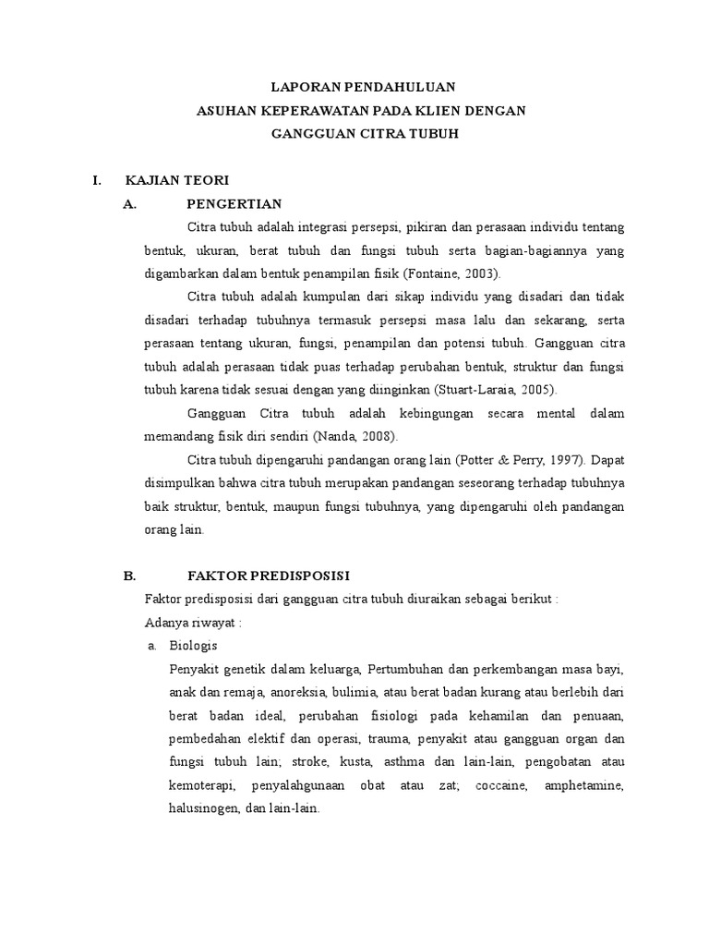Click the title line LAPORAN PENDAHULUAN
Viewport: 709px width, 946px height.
tap(363, 88)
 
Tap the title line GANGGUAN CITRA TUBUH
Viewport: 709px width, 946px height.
tap(363, 134)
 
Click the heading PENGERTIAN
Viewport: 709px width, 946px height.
tap(234, 203)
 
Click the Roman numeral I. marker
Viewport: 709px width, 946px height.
tap(97, 179)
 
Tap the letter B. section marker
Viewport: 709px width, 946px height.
tap(129, 575)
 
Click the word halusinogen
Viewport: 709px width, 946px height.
tap(205, 807)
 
